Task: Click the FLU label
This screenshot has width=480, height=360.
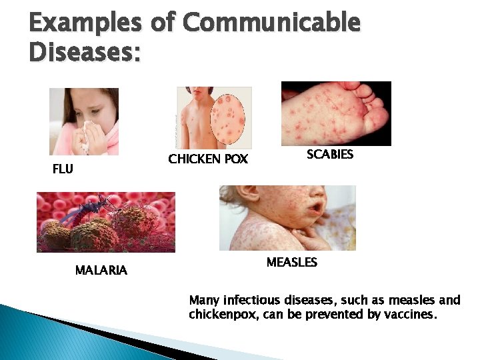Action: tap(63, 169)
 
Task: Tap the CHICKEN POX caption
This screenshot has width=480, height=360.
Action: tap(208, 159)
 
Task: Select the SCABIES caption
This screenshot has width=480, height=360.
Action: tap(329, 155)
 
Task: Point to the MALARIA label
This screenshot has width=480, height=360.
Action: tap(101, 271)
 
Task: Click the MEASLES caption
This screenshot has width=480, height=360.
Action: tap(291, 263)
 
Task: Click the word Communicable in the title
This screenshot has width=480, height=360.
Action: tap(271, 23)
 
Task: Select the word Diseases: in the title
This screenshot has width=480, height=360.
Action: tap(85, 52)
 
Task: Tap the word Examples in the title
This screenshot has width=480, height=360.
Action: tap(85, 23)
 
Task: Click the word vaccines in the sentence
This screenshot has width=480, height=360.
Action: tap(411, 314)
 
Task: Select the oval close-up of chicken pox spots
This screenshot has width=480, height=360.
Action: tap(227, 120)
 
